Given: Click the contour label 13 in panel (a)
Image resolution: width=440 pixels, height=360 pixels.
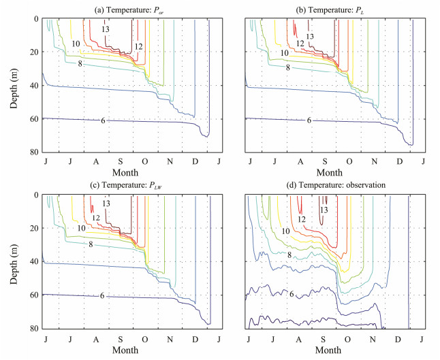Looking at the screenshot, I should click(106, 30).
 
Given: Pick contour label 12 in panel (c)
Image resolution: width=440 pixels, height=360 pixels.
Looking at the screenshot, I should click(96, 218).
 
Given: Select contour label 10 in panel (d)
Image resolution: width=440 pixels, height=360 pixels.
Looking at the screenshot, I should click(285, 232).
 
